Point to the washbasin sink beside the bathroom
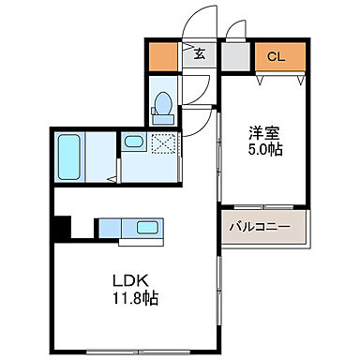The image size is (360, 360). click(133, 143)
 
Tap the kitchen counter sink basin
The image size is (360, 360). click(147, 227)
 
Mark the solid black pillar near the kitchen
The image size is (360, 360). click(62, 228)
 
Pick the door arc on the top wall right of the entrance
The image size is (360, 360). click(235, 30)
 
